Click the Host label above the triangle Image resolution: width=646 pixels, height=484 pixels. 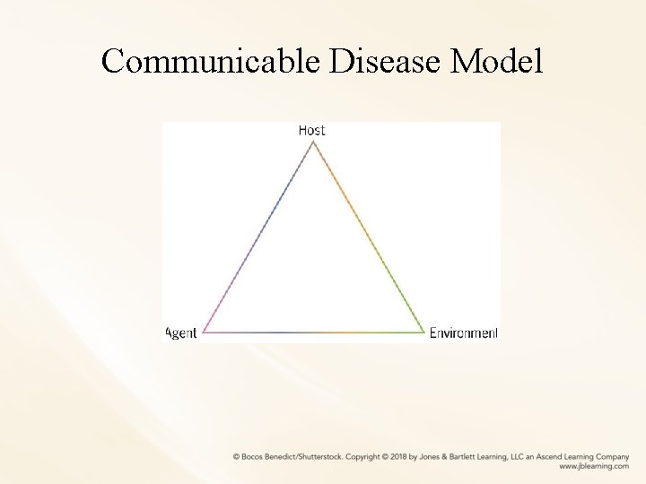click(x=312, y=130)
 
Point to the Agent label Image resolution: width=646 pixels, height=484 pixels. click(x=181, y=333)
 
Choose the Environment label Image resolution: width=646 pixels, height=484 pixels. click(x=463, y=333)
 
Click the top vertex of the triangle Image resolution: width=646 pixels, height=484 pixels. click(x=312, y=142)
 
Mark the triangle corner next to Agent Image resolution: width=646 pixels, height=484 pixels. click(x=204, y=333)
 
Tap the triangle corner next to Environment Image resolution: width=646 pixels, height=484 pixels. click(x=423, y=333)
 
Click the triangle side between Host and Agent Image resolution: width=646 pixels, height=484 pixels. click(x=258, y=238)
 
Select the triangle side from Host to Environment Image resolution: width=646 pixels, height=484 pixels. click(x=368, y=238)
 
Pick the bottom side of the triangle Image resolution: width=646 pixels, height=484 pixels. click(x=313, y=333)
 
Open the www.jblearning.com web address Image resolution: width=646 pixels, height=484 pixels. click(x=593, y=467)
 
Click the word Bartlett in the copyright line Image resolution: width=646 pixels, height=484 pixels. click(x=461, y=456)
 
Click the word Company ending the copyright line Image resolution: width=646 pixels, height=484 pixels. click(x=608, y=456)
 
